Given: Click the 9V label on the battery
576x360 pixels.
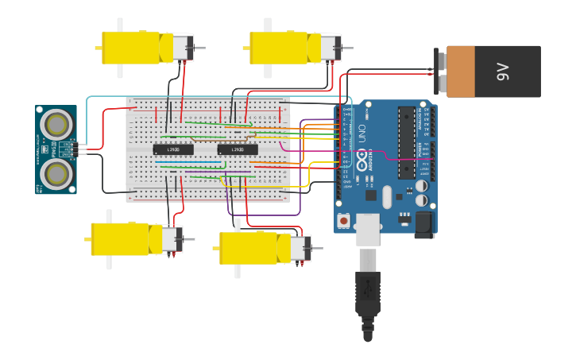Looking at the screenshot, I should pyautogui.click(x=502, y=72).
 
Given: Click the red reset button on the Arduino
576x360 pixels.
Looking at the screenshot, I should pyautogui.click(x=343, y=219).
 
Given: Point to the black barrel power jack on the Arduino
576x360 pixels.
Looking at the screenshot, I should pyautogui.click(x=424, y=224).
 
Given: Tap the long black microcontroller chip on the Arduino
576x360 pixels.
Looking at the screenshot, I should pyautogui.click(x=407, y=141).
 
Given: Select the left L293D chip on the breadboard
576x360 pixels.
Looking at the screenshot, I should pyautogui.click(x=172, y=149).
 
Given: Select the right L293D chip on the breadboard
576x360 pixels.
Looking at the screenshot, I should pyautogui.click(x=238, y=149).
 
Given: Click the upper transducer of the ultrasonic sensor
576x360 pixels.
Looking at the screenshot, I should pyautogui.click(x=56, y=124).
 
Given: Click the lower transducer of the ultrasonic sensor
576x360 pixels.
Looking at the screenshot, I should pyautogui.click(x=56, y=172).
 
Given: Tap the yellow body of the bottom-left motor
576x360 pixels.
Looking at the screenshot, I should pyautogui.click(x=121, y=238).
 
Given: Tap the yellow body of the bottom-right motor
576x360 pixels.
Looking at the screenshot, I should pyautogui.click(x=249, y=248).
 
